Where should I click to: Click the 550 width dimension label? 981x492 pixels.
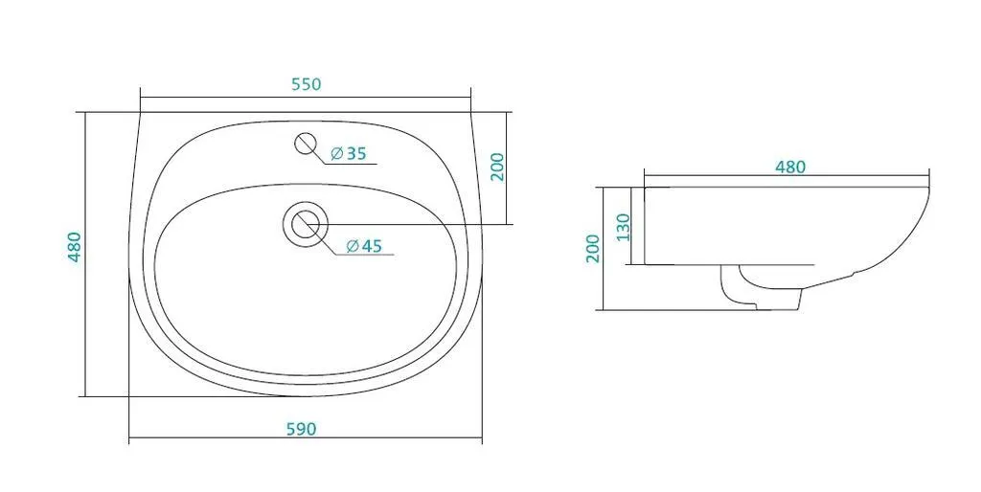307,84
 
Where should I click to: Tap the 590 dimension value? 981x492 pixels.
302,430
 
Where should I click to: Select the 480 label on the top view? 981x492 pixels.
75,247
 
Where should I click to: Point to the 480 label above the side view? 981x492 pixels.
790,168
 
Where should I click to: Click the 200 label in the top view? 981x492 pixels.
497,167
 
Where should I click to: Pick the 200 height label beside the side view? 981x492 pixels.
593,248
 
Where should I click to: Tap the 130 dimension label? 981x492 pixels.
623,228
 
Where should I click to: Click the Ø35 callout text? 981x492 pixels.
349,153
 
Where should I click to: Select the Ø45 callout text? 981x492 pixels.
364,246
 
